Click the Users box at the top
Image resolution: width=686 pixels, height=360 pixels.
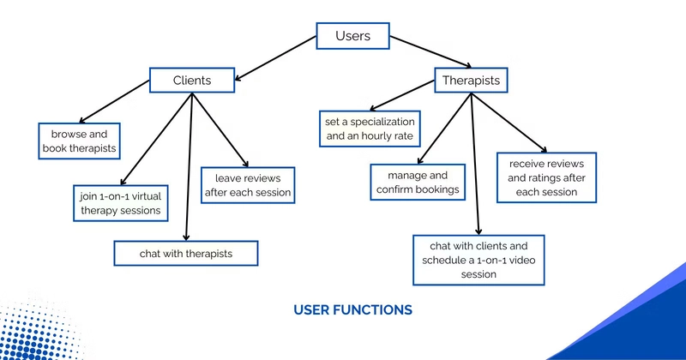click(x=352, y=36)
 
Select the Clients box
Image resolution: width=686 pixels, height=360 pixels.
click(x=192, y=80)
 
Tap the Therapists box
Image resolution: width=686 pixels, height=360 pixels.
click(x=471, y=80)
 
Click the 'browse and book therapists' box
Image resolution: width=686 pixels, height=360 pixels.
click(x=79, y=141)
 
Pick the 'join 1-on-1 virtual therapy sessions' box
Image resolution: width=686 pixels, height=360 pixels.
click(x=121, y=203)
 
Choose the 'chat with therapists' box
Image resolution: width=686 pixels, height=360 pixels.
click(x=186, y=253)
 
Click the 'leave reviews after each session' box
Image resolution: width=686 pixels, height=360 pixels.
click(x=248, y=185)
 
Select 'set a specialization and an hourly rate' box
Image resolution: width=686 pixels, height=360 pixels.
click(x=370, y=129)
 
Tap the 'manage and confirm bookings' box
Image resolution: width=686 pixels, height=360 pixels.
click(x=418, y=182)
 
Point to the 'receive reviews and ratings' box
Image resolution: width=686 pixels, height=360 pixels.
click(x=546, y=177)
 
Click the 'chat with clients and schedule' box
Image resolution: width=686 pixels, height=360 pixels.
click(x=478, y=260)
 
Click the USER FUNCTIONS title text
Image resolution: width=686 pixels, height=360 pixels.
click(x=352, y=309)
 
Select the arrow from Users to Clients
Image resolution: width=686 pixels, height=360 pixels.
click(x=275, y=58)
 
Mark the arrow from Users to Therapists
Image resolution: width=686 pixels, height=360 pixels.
click(x=430, y=51)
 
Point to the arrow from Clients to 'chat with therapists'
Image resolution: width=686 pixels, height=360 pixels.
click(x=189, y=166)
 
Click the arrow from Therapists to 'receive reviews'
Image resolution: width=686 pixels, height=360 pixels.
click(x=509, y=123)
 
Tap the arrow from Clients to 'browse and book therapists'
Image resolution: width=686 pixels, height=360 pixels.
click(x=114, y=101)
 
